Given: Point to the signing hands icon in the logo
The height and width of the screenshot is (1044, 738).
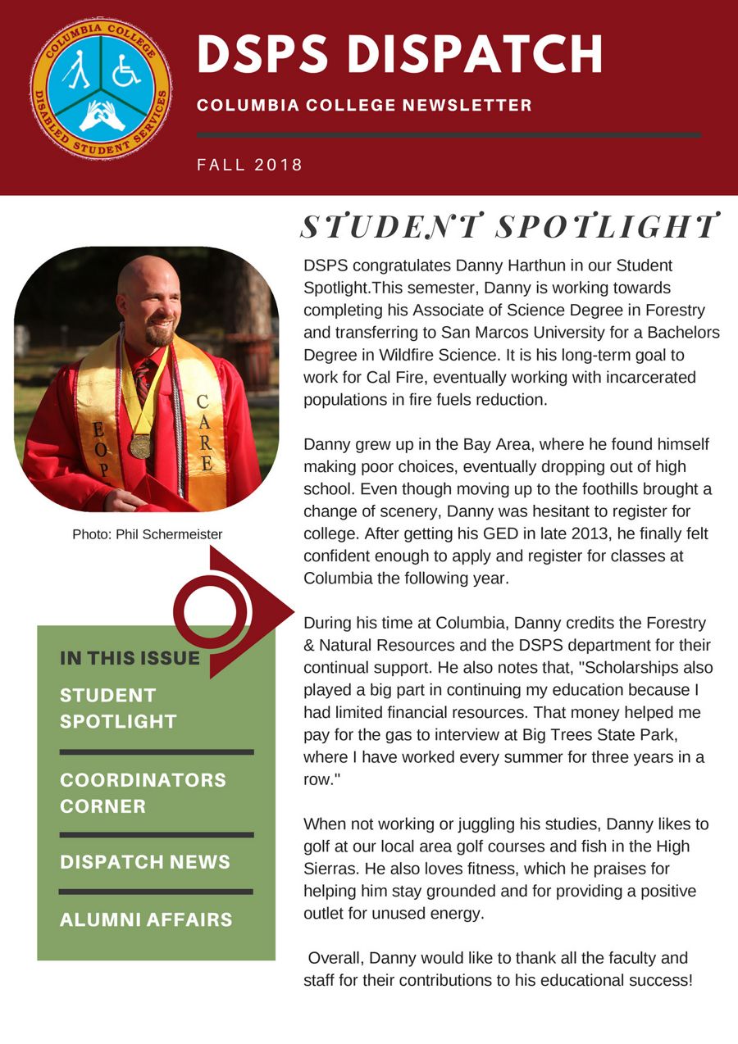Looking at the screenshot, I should click(x=102, y=116).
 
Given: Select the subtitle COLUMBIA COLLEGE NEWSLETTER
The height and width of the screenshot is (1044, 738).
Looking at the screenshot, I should click(x=364, y=105).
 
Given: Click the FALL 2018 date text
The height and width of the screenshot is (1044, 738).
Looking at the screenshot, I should click(x=250, y=165).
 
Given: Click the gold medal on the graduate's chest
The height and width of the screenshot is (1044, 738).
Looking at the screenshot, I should click(x=140, y=445).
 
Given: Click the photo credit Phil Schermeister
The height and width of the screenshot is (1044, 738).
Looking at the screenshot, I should click(x=148, y=534).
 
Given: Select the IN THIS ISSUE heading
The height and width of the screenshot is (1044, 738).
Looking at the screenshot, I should click(x=130, y=657).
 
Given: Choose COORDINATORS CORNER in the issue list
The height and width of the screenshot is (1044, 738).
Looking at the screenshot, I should click(x=143, y=792).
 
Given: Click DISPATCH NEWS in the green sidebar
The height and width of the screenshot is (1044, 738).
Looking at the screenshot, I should click(x=145, y=862).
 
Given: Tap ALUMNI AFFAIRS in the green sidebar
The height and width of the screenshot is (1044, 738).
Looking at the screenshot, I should click(x=146, y=919).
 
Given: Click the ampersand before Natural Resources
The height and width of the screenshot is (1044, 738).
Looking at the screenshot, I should click(x=310, y=645).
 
